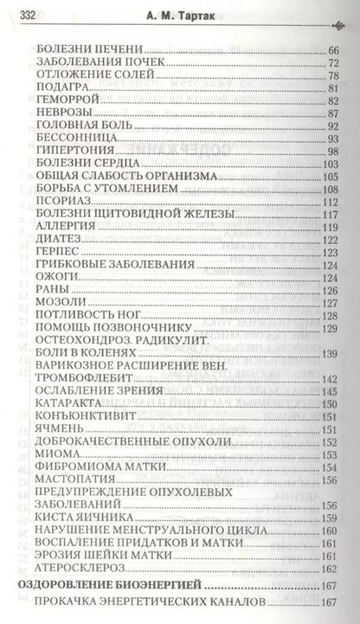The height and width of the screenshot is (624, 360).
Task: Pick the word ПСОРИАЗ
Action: [59, 201]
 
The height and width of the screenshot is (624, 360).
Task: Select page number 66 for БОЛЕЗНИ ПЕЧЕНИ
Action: [332, 49]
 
